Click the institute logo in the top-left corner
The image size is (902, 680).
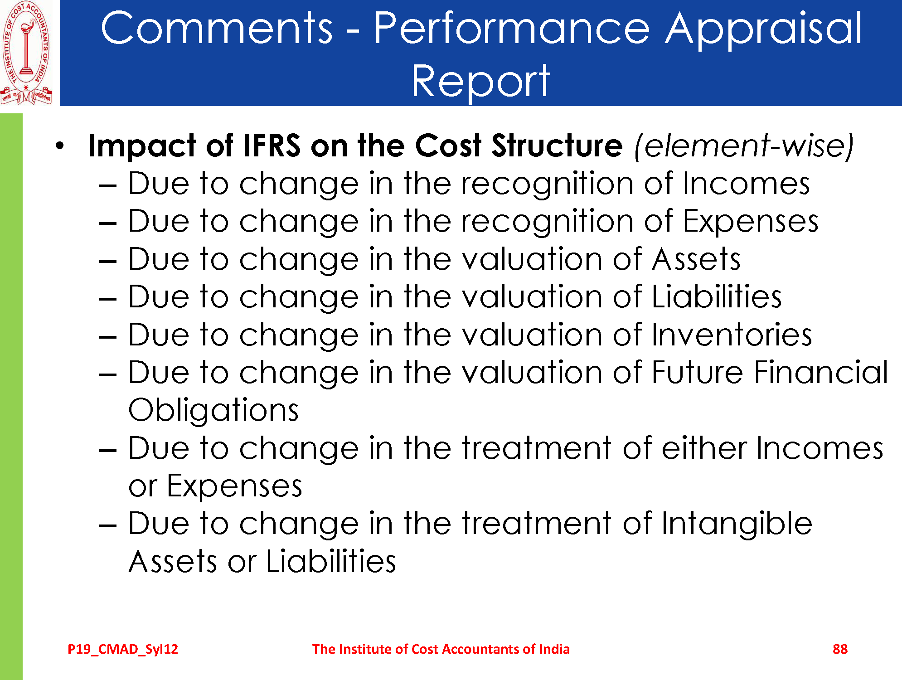pos(26,53)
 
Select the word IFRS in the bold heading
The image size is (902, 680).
pos(272,146)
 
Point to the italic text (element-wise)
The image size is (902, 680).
pos(744,146)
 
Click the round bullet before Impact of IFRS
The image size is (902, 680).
pos(60,146)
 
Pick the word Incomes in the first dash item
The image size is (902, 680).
pos(746,184)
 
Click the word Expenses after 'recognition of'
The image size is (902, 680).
pos(751,222)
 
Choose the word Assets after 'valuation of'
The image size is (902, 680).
pos(696,259)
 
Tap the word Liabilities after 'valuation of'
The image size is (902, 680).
pos(717,297)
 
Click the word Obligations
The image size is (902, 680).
pos(213,411)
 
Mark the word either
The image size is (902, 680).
pos(704,448)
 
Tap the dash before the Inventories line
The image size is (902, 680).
pos(108,337)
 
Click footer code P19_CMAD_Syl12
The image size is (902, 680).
pos(123,649)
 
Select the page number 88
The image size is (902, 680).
pos(840,649)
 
